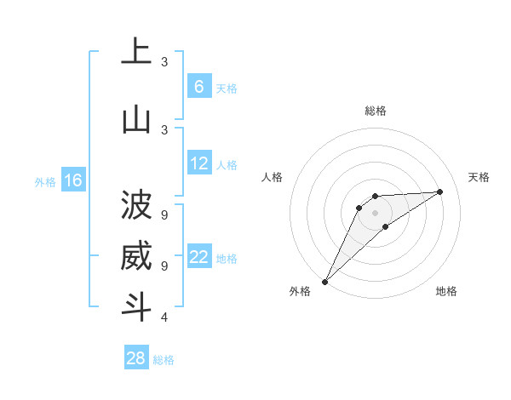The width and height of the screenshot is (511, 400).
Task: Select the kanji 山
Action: [x=136, y=120]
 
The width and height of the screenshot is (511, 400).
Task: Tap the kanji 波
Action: [x=136, y=205]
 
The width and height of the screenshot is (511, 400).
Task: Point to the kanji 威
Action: [x=136, y=257]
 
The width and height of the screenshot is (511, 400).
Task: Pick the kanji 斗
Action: [x=136, y=306]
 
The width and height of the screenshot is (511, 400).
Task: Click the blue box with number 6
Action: [x=198, y=87]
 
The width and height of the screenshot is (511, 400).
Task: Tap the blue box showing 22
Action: [x=198, y=257]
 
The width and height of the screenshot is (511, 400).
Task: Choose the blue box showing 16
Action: [x=72, y=180]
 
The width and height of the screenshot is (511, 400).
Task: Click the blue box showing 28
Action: [x=136, y=358]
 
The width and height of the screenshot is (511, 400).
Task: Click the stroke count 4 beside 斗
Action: [x=164, y=317]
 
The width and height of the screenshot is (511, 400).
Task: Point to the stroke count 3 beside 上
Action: [x=164, y=61]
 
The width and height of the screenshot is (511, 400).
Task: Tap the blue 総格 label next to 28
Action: [x=164, y=360]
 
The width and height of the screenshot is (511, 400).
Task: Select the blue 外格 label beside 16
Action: [x=44, y=181]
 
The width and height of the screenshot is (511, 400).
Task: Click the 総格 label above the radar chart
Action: [x=375, y=111]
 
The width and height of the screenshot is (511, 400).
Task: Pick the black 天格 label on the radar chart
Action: [x=479, y=177]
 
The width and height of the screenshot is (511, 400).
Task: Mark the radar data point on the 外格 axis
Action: [x=324, y=281]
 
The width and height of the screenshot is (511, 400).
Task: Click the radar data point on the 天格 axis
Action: [x=440, y=191]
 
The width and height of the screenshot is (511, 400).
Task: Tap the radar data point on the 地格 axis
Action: [x=386, y=226]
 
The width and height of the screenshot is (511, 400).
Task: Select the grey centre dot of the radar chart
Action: [x=375, y=213]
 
